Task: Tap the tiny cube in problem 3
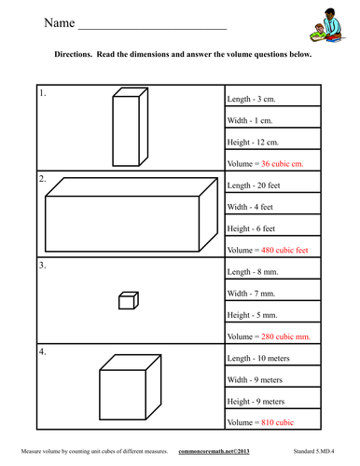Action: coord(128,300)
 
